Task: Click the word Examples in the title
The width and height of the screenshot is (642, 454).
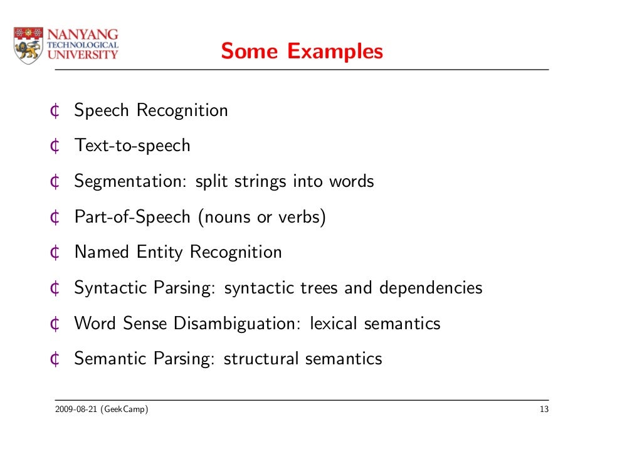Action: pyautogui.click(x=335, y=51)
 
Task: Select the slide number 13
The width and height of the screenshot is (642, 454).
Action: pyautogui.click(x=544, y=411)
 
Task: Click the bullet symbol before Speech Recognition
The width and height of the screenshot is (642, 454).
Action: pyautogui.click(x=55, y=111)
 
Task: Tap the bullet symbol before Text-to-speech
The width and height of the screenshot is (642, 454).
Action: pyautogui.click(x=55, y=146)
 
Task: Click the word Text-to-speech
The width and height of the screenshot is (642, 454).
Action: pyautogui.click(x=132, y=146)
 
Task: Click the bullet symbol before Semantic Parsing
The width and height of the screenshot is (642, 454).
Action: pyautogui.click(x=55, y=359)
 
